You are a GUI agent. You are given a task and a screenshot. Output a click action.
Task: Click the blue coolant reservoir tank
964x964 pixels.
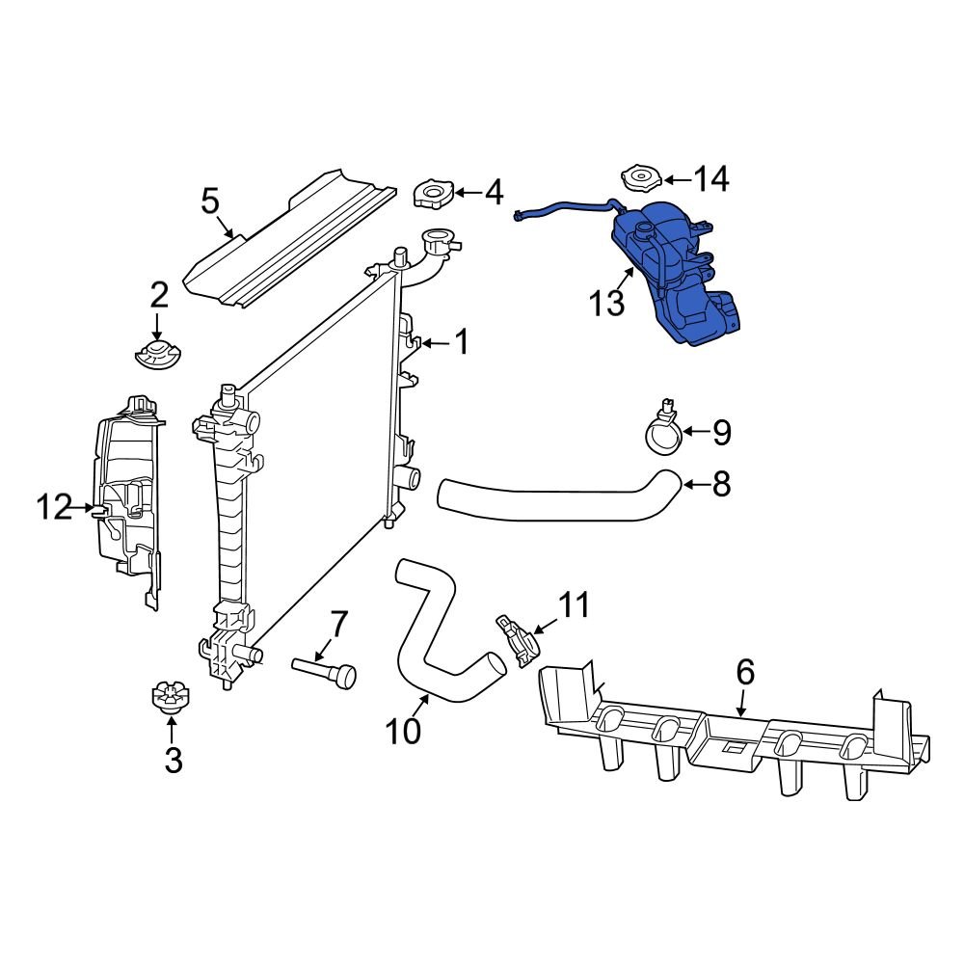675,275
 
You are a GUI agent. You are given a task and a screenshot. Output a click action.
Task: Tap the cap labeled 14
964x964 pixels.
638,179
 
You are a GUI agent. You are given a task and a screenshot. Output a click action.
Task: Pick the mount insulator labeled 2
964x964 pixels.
157,353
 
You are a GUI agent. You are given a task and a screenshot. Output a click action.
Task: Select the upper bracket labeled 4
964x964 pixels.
430,193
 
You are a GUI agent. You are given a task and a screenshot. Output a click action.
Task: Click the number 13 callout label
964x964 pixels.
607,303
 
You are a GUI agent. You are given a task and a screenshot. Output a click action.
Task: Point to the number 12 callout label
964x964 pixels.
55,506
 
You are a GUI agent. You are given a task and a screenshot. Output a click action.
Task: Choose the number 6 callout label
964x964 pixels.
745,672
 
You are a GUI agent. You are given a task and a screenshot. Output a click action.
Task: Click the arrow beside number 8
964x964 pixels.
695,484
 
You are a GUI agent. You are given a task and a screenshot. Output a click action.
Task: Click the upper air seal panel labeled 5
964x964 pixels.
289,241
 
